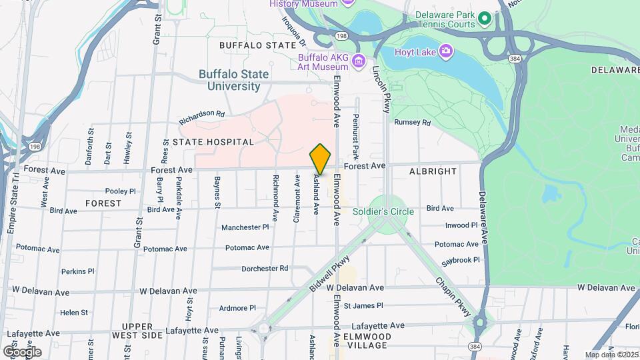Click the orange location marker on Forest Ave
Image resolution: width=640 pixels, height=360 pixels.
click(320, 159)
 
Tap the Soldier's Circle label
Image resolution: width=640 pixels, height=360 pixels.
click(393, 211)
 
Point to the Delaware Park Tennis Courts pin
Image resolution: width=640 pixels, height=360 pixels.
click(485, 18)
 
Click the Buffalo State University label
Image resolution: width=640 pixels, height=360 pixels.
click(233, 80)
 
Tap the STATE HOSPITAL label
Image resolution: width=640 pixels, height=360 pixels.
click(213, 142)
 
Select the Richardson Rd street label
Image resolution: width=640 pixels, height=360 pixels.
click(201, 117)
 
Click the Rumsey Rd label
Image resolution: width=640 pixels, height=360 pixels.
click(413, 123)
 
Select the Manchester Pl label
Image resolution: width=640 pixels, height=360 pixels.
click(245, 227)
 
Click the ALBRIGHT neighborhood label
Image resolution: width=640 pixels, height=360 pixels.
click(433, 171)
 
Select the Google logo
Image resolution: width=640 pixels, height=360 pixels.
click(22, 351)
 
